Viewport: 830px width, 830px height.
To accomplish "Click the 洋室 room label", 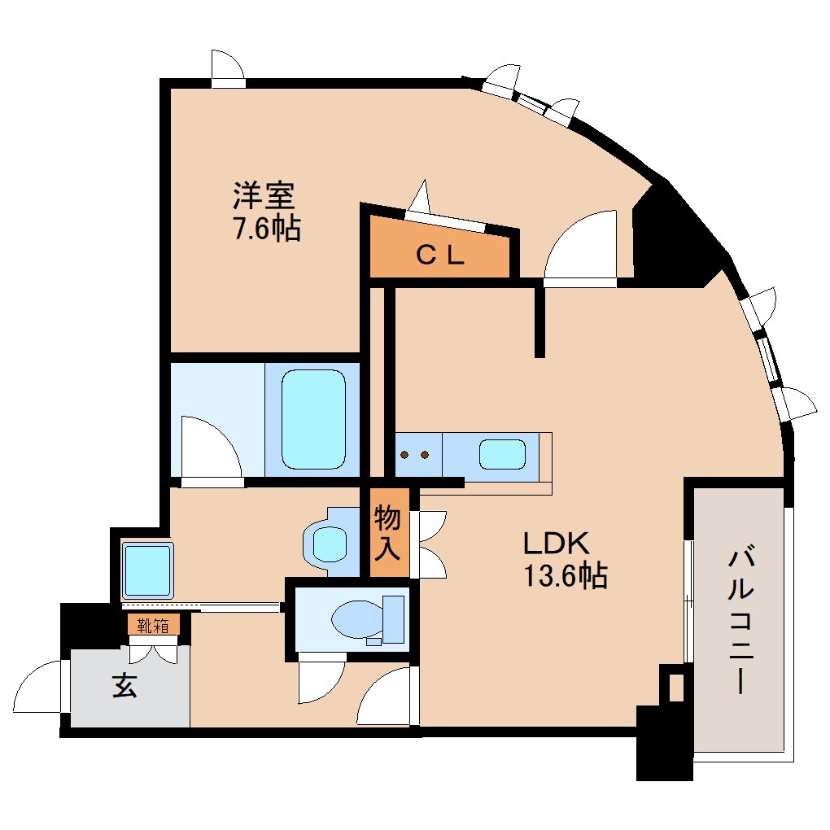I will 264,196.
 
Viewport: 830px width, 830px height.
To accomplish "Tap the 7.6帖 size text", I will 267,229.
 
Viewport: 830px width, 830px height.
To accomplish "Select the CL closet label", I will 440,256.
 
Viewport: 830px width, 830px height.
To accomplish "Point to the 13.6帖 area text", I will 564,576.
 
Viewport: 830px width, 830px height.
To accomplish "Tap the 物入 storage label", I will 387,532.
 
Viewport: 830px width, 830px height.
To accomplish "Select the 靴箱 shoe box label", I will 152,625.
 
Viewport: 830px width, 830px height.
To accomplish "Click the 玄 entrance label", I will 124,687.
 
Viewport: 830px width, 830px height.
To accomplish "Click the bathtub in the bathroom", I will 313,418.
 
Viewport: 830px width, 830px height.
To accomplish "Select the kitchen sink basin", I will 501,454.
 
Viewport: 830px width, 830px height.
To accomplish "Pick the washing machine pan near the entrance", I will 147,569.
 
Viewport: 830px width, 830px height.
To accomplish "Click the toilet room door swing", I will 319,682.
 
